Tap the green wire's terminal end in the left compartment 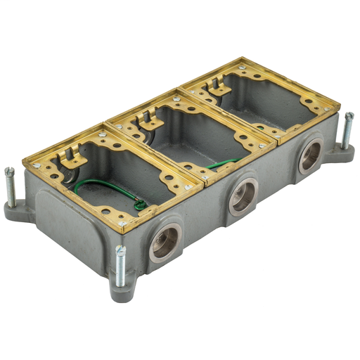tap(141, 205)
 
